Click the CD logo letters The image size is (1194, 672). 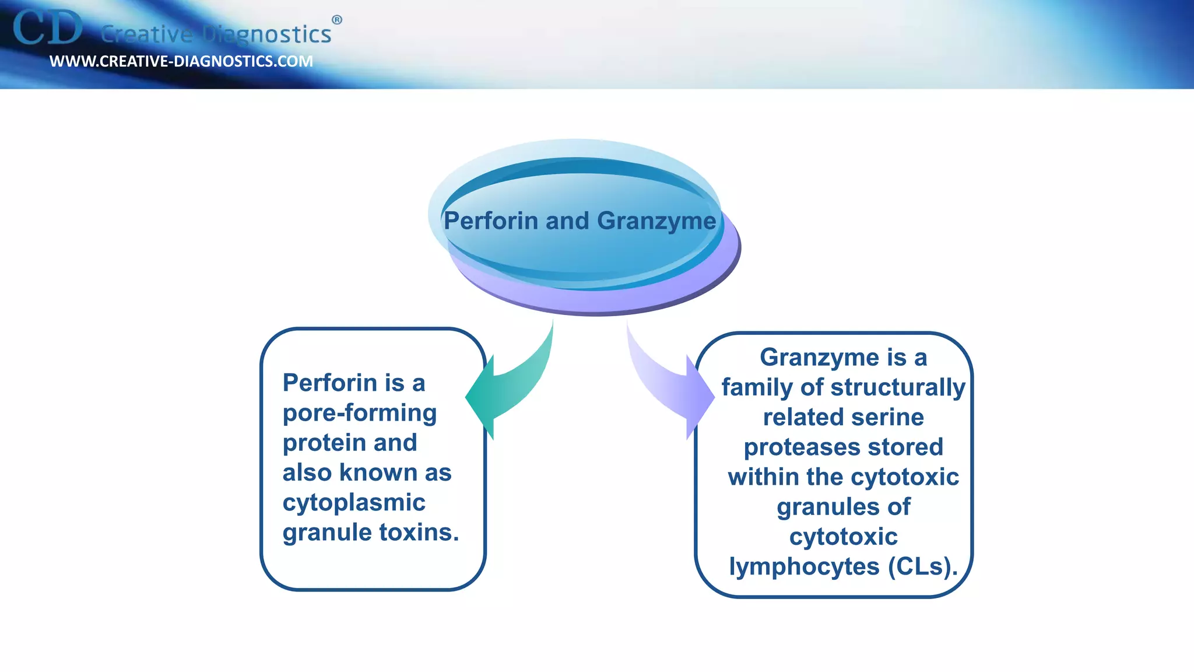coord(48,28)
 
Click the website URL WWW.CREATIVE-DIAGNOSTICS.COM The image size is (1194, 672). coord(181,61)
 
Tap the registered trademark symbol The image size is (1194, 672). coord(337,20)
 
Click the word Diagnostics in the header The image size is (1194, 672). coord(266,34)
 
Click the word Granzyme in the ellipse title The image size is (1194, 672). coord(656,221)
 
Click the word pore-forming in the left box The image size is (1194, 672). coord(360,413)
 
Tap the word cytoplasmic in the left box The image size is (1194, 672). coord(354,503)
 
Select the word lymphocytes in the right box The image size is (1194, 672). coord(804,567)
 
